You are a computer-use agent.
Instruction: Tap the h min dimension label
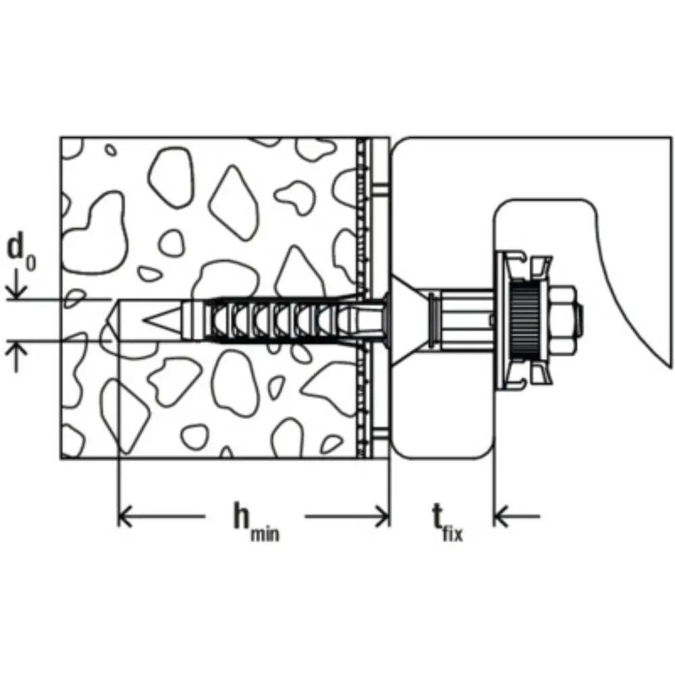[x=256, y=522]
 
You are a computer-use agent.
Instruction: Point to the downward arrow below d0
[x=16, y=285]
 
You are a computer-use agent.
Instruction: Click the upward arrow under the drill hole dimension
[x=16, y=356]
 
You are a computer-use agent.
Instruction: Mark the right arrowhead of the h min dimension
[x=383, y=515]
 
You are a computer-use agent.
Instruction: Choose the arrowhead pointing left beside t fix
[x=502, y=515]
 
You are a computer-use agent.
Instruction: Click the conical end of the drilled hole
[x=112, y=320]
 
